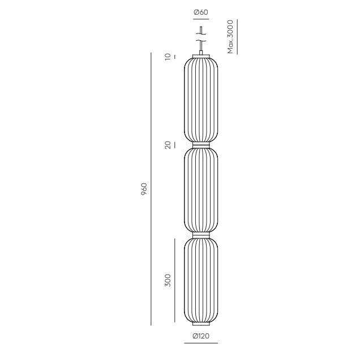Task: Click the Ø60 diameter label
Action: click(201, 12)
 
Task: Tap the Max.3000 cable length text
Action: click(230, 37)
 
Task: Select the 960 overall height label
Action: click(144, 189)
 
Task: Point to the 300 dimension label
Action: click(168, 280)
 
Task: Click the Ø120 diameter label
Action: click(201, 336)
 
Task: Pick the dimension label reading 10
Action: click(168, 57)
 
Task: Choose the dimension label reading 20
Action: click(168, 145)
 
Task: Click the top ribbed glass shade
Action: click(201, 100)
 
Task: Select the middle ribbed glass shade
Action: click(201, 190)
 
